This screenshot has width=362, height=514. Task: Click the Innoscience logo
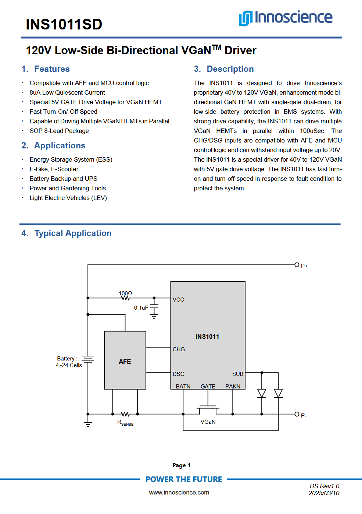click(x=286, y=18)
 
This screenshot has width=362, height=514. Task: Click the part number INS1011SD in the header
click(x=64, y=25)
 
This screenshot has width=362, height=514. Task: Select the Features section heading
click(x=51, y=69)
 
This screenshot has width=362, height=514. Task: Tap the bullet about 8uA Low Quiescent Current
click(x=67, y=92)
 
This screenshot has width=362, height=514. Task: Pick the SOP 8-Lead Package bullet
click(x=59, y=131)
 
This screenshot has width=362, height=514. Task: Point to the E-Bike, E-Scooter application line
click(x=54, y=169)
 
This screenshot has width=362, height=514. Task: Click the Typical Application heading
click(x=73, y=233)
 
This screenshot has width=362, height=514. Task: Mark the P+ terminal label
click(x=304, y=266)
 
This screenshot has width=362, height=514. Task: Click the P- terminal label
click(x=304, y=415)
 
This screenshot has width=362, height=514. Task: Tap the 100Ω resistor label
click(x=125, y=293)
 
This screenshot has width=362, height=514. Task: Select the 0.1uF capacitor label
click(x=141, y=307)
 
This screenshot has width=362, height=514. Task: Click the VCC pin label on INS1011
click(x=179, y=300)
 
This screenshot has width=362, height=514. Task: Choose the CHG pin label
click(x=179, y=349)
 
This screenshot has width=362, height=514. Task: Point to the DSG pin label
click(x=179, y=374)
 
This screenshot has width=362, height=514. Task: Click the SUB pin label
click(x=237, y=374)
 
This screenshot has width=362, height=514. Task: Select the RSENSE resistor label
click(x=125, y=423)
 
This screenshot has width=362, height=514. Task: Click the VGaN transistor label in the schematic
click(x=208, y=422)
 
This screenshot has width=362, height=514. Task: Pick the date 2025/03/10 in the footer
click(x=324, y=493)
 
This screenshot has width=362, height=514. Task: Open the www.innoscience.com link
click(x=179, y=492)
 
